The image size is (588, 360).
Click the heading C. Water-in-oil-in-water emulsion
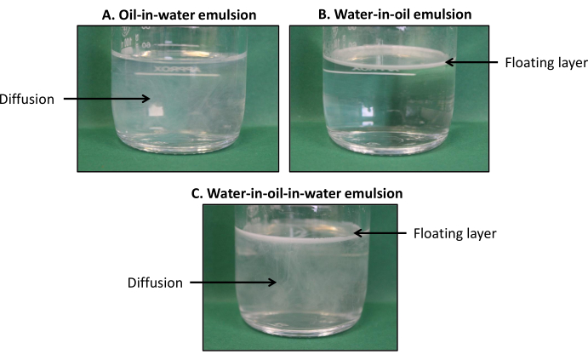[x=297, y=193]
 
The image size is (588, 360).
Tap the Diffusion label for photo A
[x=28, y=99]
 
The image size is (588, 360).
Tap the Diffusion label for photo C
[x=155, y=283]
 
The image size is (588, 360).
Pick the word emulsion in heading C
[x=374, y=193]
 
